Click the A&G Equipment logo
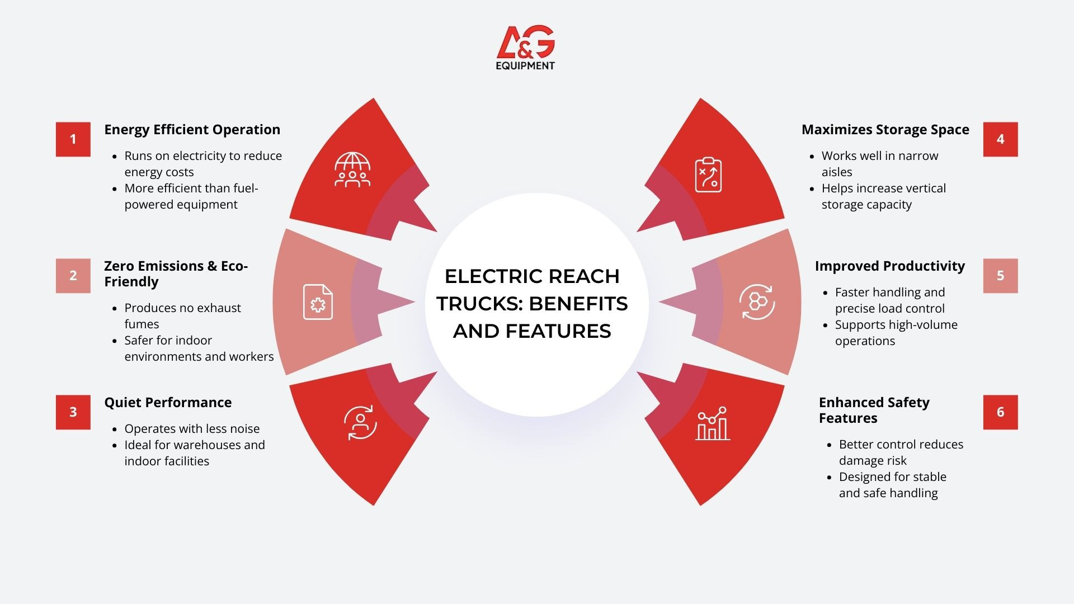[x=525, y=48]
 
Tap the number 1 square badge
[x=73, y=139]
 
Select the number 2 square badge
[x=73, y=276]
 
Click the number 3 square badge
[x=73, y=412]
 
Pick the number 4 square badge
[x=1001, y=139]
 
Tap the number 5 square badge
[x=1001, y=276]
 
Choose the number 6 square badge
[x=1001, y=412]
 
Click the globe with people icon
[x=352, y=169]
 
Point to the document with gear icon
[x=318, y=302]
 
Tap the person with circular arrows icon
[x=360, y=423]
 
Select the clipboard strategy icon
[x=708, y=174]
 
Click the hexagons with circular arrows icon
[x=757, y=302]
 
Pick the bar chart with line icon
[x=713, y=423]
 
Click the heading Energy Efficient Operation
[x=192, y=130]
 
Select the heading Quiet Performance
[x=168, y=403]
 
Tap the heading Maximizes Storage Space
[x=885, y=130]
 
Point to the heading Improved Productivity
[x=890, y=266]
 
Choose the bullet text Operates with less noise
[x=192, y=429]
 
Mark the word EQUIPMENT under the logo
[x=525, y=65]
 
